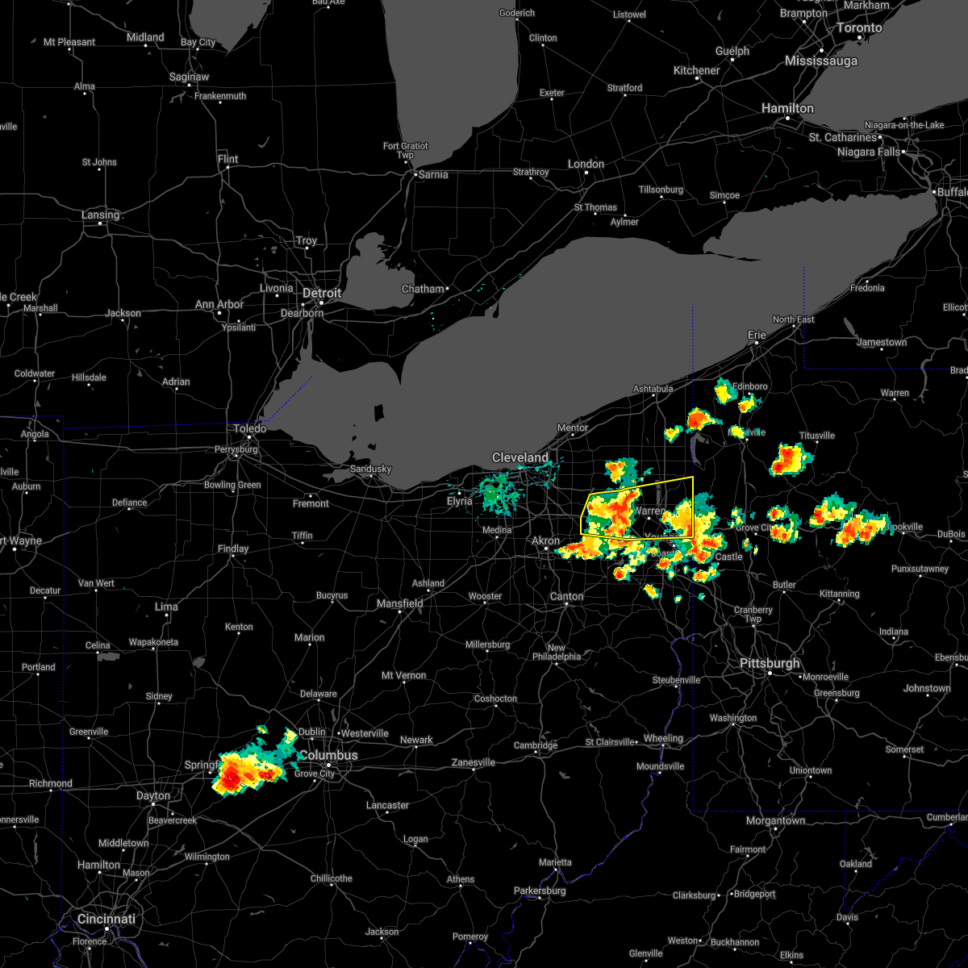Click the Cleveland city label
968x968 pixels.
point(520,457)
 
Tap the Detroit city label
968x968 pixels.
point(322,293)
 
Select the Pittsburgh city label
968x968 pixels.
point(770,663)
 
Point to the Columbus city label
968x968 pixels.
point(328,755)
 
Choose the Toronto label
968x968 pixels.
point(859,27)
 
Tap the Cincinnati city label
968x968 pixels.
point(106,919)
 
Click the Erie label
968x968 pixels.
point(757,334)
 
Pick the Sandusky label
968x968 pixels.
point(370,469)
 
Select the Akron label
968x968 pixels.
point(545,540)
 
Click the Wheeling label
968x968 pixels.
point(663,738)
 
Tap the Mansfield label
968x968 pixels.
point(400,603)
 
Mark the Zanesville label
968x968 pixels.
point(473,762)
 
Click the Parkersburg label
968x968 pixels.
point(540,891)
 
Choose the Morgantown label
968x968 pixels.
point(775,820)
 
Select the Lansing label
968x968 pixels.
point(100,215)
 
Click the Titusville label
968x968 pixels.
point(817,436)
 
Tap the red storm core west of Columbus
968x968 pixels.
point(232,778)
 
